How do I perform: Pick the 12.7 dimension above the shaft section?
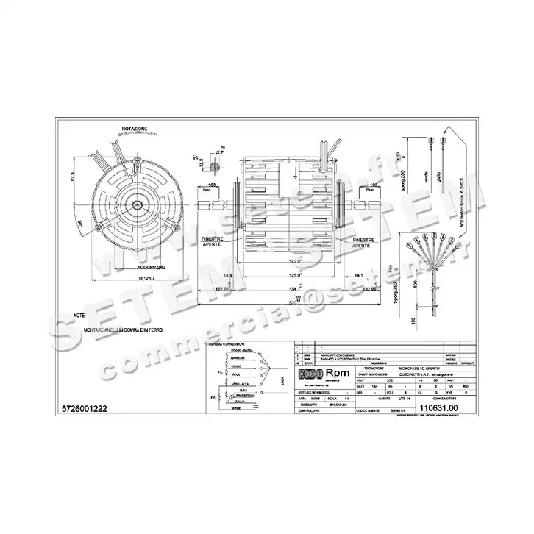(218, 152)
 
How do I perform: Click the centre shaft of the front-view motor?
(135, 201)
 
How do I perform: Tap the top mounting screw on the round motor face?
(135, 168)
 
